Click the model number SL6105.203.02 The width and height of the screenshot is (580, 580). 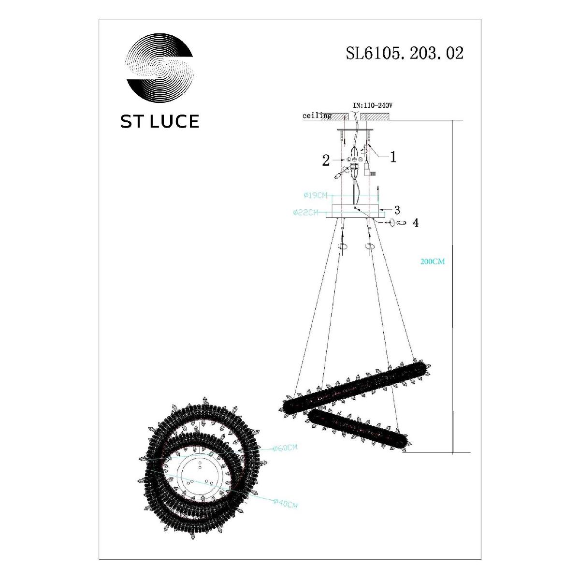[x=404, y=53]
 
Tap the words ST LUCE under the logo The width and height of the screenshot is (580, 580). [x=159, y=121]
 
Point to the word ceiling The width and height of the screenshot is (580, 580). [x=317, y=116]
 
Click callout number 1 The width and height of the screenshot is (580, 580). [x=393, y=157]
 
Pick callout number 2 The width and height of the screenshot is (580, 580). [x=326, y=160]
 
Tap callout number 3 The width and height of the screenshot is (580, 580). [x=397, y=210]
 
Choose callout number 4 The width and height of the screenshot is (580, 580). [x=415, y=223]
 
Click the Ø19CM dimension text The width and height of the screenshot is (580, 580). [x=315, y=195]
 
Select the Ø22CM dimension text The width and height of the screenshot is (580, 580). [x=305, y=212]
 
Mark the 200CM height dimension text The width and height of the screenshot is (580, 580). [x=433, y=261]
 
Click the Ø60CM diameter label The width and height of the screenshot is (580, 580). [x=285, y=448]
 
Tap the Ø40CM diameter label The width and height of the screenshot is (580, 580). [x=285, y=504]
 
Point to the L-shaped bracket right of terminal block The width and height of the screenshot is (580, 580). [x=368, y=169]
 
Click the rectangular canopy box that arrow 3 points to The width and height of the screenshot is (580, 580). [x=355, y=211]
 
